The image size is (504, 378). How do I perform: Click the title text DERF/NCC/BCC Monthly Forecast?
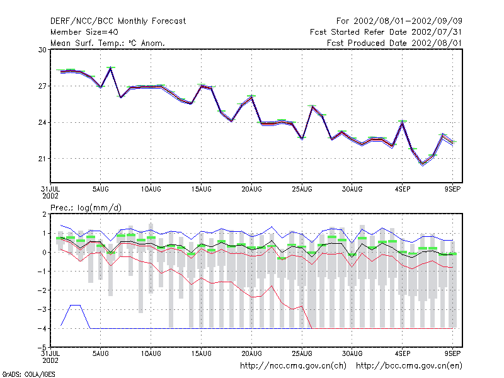click(118, 21)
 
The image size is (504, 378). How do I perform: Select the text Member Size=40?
click(84, 32)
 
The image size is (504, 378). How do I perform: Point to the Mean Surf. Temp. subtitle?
click(107, 43)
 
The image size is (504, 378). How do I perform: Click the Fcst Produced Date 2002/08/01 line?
click(394, 43)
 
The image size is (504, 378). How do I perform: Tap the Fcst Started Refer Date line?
click(386, 32)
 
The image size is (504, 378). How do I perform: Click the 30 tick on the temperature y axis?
click(42, 50)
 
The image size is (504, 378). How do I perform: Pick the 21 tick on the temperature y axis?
click(42, 159)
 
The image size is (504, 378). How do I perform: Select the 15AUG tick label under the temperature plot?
click(201, 190)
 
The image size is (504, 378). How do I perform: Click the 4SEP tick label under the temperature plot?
click(403, 190)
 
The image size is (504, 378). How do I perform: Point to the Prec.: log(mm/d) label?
click(86, 208)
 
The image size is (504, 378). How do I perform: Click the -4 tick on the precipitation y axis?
click(42, 328)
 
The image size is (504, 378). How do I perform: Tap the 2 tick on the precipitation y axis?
click(44, 214)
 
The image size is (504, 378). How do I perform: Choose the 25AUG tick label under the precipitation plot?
click(302, 353)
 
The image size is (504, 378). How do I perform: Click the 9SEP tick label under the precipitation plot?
click(452, 353)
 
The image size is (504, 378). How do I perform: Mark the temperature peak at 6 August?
click(111, 67)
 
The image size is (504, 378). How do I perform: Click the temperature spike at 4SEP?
click(402, 122)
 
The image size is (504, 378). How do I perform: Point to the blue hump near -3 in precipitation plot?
click(76, 306)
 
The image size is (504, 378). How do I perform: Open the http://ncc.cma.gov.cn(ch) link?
click(293, 366)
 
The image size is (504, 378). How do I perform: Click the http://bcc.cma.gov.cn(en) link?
click(409, 366)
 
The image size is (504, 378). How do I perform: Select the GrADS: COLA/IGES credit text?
click(28, 374)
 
